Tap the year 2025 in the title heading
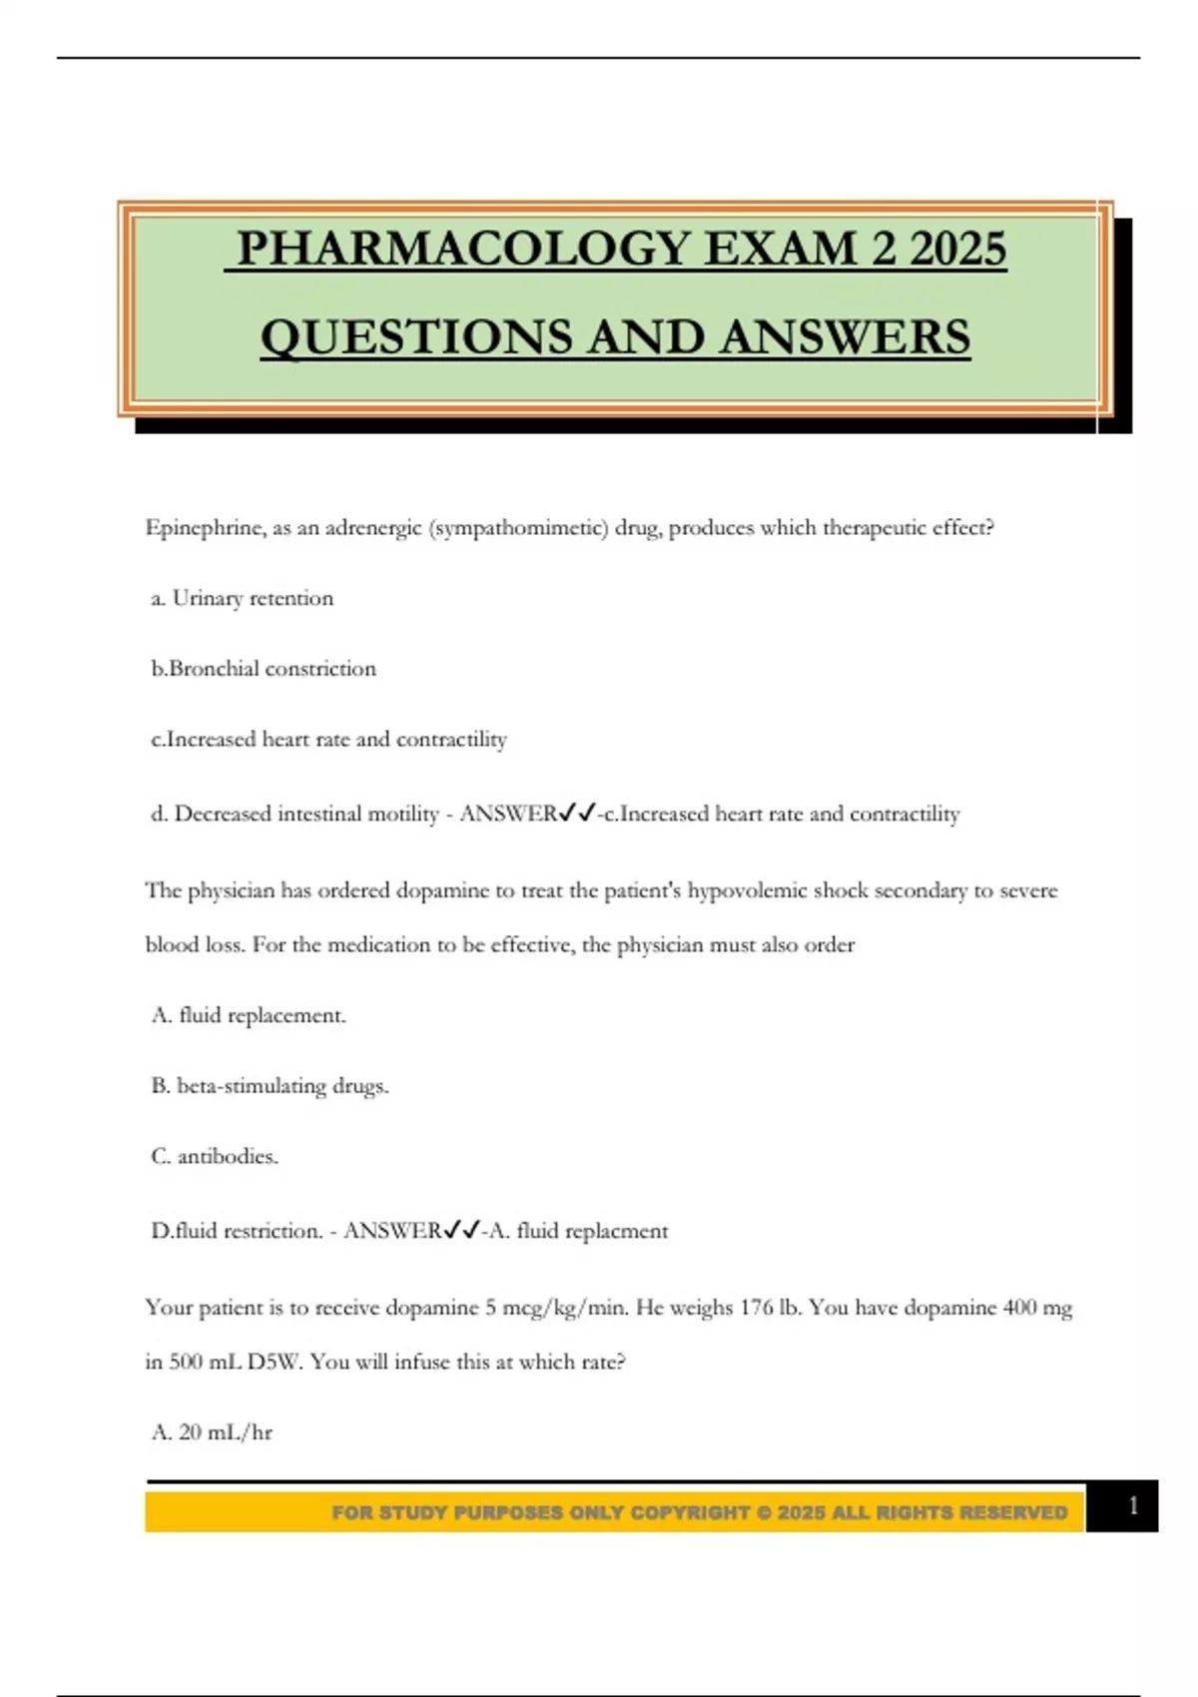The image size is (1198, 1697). [x=957, y=249]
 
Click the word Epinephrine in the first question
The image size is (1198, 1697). [x=204, y=527]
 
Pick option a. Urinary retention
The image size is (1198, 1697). [x=243, y=598]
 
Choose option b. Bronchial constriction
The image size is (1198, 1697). [x=264, y=669]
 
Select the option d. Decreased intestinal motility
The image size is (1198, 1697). [x=295, y=814]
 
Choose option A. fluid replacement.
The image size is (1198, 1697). [x=249, y=1015]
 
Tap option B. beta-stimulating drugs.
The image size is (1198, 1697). [x=270, y=1085]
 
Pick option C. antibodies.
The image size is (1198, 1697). [x=215, y=1156]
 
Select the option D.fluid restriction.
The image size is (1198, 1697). [x=236, y=1231]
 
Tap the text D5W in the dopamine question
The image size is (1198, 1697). [x=274, y=1362]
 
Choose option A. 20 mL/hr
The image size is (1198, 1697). [x=212, y=1432]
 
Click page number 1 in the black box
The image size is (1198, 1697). [x=1132, y=1506]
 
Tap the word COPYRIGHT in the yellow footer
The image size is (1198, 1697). [x=690, y=1512]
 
